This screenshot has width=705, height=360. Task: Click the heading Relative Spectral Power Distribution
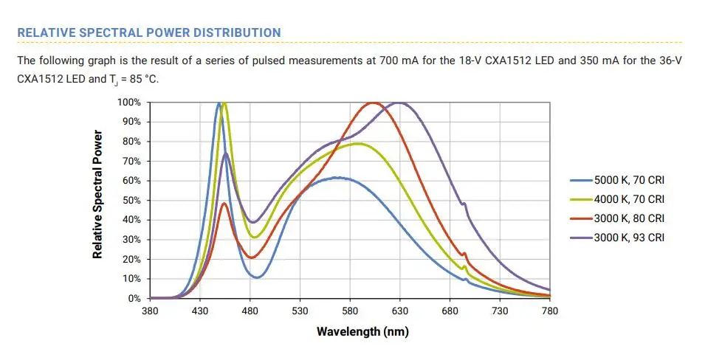[148, 32]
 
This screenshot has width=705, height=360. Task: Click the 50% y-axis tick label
[134, 200]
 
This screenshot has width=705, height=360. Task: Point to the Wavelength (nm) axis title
[362, 331]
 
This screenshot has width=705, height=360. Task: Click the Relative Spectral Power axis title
[97, 194]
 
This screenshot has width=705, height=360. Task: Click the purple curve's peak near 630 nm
[399, 103]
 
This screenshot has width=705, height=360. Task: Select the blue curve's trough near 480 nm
[257, 277]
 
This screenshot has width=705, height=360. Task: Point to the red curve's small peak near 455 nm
[224, 203]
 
